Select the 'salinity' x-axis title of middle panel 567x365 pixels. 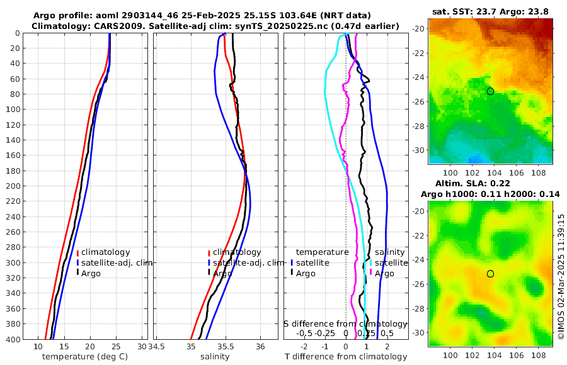tap(215, 357)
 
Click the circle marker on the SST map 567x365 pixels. tap(490, 91)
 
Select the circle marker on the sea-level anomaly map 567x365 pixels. tap(490, 274)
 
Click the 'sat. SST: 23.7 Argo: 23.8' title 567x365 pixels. tap(491, 12)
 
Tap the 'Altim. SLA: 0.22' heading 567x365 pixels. tap(490, 182)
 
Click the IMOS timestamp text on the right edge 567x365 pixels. tap(561, 277)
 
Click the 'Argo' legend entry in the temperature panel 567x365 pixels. tap(92, 273)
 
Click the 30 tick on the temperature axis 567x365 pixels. tap(142, 347)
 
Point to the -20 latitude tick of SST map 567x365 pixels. tap(418, 28)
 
